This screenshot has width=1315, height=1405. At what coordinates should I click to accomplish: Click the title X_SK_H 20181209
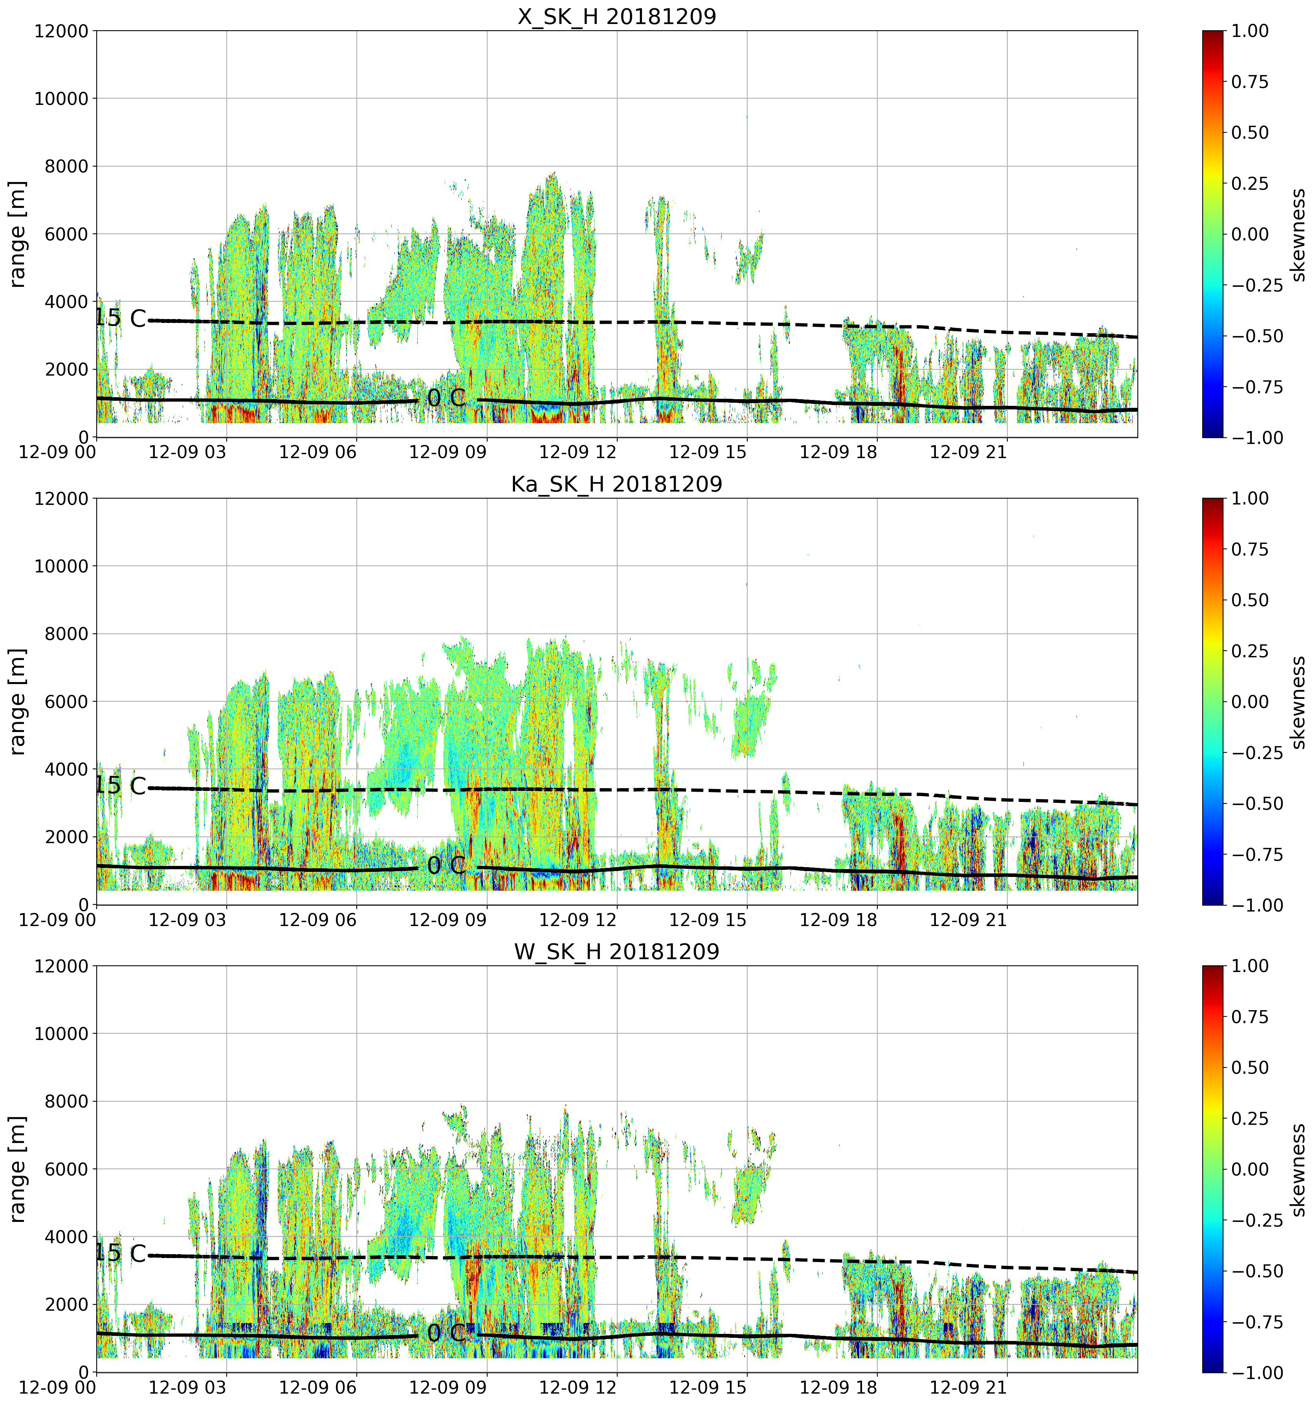point(617,16)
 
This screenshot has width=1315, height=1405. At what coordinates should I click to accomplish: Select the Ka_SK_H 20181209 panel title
point(617,484)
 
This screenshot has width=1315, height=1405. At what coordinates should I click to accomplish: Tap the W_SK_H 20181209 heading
point(617,952)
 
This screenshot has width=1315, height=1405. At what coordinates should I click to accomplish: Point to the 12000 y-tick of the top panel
point(61,31)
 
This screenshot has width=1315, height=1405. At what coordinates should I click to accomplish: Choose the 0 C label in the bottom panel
point(447,1333)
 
